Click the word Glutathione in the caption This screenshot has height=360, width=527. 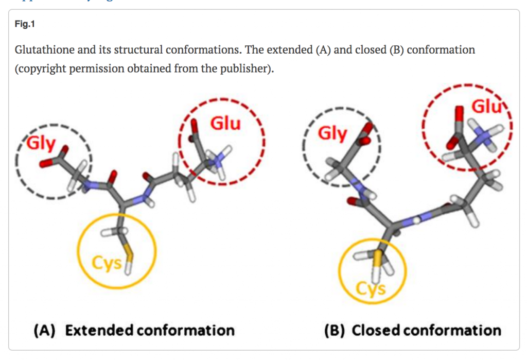(42, 50)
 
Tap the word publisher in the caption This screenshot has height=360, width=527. (245, 68)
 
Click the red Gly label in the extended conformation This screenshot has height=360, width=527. (40, 143)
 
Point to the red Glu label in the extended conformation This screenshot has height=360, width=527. (225, 124)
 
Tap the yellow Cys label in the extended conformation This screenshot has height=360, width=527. (107, 263)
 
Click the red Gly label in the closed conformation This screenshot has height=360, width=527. (332, 133)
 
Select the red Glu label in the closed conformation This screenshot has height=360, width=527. (486, 108)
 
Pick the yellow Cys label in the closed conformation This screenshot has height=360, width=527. (371, 289)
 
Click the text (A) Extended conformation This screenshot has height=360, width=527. (134, 330)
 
